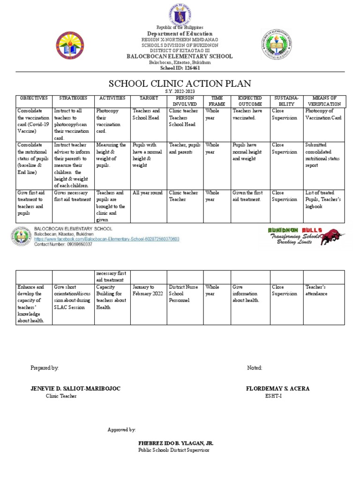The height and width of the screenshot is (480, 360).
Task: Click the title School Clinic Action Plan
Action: (180, 84)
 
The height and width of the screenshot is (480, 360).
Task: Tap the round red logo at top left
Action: (71, 45)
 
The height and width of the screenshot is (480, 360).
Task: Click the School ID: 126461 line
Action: (180, 68)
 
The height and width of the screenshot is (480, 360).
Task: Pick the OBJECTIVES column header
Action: (33, 98)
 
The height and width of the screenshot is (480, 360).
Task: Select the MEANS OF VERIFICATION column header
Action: (324, 101)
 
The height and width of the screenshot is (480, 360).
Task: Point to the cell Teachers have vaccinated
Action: (250, 114)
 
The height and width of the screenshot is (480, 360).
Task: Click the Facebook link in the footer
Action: (106, 239)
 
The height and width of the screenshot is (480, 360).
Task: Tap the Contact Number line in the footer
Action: (63, 244)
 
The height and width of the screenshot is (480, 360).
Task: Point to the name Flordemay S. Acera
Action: (277, 389)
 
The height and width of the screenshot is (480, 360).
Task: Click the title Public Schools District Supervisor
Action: (173, 450)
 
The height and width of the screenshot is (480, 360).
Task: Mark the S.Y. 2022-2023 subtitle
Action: (180, 91)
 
